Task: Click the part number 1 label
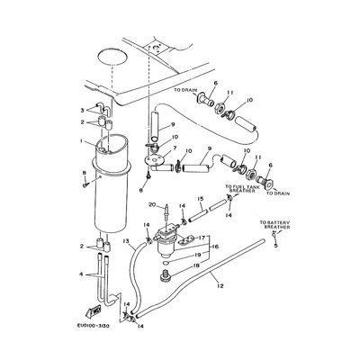click(x=80, y=142)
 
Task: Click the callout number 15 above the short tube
click(x=200, y=200)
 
